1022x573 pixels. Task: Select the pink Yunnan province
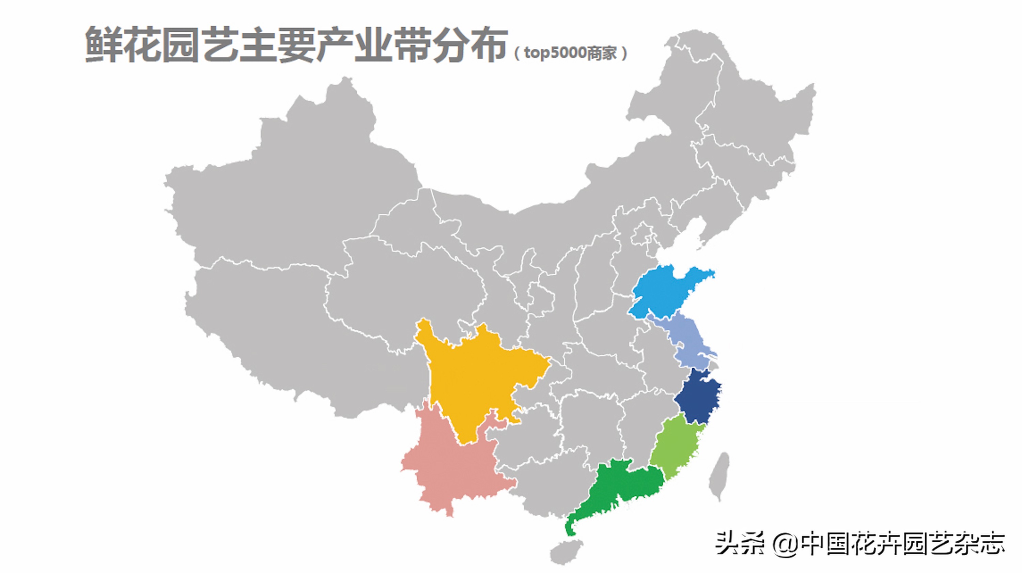point(452,468)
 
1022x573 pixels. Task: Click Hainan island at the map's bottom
point(566,552)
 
